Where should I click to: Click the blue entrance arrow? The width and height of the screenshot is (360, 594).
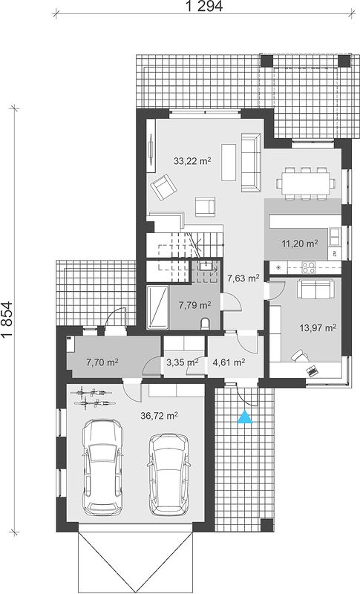pos(245,417)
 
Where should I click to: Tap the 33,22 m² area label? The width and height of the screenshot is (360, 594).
pos(192,161)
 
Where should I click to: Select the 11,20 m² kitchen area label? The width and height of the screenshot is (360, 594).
pos(299,244)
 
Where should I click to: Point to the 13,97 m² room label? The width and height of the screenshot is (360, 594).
pos(318,327)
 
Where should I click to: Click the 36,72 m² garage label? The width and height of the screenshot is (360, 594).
pos(160,416)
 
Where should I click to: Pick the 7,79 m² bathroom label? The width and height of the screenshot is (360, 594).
pos(195,304)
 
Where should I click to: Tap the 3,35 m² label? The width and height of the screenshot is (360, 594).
pos(183,362)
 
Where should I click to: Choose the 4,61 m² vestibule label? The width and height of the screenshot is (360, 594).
pos(229,362)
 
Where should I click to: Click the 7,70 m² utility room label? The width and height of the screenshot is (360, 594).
pos(102,362)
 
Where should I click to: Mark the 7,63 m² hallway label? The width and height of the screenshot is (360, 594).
pos(243,278)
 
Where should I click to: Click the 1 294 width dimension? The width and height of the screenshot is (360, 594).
pos(204,6)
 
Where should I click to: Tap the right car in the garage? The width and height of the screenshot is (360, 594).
pos(168,474)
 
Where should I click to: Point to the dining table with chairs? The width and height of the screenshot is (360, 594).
pos(306,183)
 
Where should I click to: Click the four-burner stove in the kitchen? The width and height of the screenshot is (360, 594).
pos(308,267)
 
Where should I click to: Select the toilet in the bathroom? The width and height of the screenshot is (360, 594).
pos(205,324)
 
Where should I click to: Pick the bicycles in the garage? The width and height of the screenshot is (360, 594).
pos(94,397)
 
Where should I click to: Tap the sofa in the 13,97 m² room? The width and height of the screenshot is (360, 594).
pos(315,289)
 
